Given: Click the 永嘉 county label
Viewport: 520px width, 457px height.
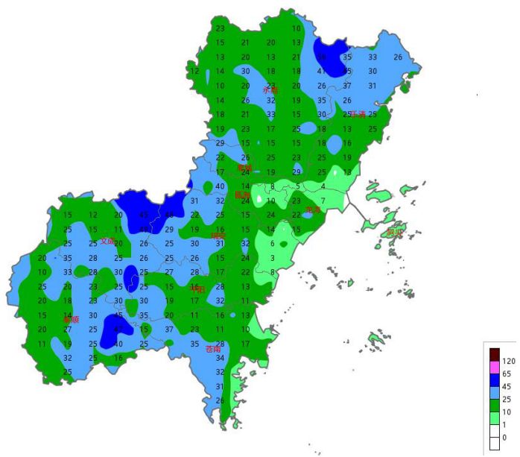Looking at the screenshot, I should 270,89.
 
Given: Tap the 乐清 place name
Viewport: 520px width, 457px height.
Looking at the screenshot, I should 358,114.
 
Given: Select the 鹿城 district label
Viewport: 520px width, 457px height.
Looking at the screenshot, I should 245,168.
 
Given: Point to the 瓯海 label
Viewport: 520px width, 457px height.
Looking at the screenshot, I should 243,195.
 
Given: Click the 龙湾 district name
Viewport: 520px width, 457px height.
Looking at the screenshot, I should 314,210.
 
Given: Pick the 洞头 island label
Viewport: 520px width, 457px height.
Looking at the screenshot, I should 395,233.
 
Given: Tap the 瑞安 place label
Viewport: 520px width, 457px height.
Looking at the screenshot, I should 218,236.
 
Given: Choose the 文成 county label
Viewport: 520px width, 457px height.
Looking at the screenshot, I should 108,241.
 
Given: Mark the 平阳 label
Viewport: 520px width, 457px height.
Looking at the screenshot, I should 197,289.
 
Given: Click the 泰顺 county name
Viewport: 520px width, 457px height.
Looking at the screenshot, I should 71,319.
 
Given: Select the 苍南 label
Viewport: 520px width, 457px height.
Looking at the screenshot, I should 213,348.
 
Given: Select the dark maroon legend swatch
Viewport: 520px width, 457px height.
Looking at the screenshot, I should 494,353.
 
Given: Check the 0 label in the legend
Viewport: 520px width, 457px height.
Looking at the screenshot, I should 504,438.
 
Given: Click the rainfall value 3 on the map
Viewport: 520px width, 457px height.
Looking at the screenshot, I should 273,258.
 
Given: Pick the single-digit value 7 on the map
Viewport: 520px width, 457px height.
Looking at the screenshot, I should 323,201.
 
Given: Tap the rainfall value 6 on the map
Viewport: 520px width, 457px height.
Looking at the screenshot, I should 272,244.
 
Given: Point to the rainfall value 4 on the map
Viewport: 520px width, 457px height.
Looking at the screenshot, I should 323,186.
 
